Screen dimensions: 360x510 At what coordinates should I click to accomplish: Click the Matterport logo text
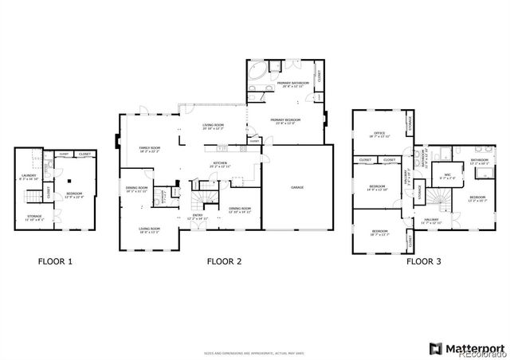click(x=475, y=347)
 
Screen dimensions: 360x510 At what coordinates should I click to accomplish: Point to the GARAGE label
click(x=296, y=187)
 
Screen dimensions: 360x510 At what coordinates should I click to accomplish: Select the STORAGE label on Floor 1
click(x=33, y=217)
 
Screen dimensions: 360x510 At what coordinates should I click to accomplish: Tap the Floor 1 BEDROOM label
click(x=75, y=194)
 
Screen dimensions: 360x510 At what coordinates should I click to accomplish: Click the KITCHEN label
click(x=221, y=164)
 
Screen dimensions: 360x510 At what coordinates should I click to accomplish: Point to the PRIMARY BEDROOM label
click(x=285, y=121)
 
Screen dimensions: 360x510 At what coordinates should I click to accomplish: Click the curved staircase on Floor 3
click(x=436, y=196)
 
